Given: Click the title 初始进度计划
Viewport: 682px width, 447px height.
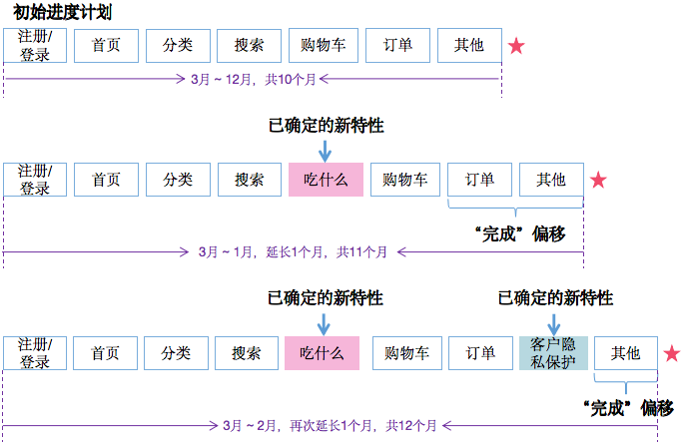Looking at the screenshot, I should (x=62, y=12).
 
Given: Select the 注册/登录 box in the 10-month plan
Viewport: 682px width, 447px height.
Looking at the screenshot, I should (x=35, y=46).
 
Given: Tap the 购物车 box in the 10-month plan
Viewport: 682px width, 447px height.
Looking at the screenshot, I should (x=324, y=46).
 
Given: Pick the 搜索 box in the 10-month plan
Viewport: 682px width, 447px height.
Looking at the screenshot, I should (x=251, y=46).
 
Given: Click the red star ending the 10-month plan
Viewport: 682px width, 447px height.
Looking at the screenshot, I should (x=516, y=46).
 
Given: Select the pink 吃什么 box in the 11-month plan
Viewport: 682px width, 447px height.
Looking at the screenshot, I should (x=325, y=180).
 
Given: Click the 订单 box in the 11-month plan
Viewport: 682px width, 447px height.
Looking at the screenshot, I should (x=479, y=180).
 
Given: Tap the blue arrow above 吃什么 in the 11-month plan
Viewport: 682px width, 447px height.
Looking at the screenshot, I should (x=325, y=149).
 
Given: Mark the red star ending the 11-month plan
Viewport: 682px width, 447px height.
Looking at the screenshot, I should (x=597, y=181).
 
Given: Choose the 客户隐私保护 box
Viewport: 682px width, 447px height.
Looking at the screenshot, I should (x=552, y=353).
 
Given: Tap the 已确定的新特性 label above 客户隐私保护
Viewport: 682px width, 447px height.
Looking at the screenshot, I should (x=555, y=298).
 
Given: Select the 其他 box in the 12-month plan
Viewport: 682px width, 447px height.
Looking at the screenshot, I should (x=626, y=353).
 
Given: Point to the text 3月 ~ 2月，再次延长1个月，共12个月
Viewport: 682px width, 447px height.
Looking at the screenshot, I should (x=330, y=424).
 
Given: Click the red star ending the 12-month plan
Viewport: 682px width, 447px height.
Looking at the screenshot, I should (x=671, y=353).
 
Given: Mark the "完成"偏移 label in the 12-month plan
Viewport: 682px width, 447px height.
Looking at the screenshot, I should (x=627, y=407).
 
